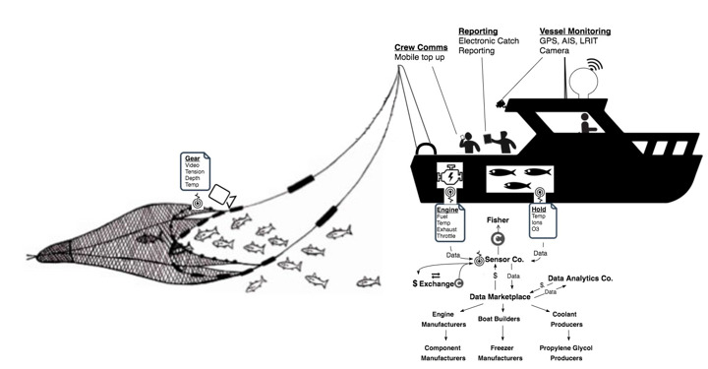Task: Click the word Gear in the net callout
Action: [192, 157]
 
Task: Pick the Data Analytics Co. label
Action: [580, 278]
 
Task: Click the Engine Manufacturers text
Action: [443, 319]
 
